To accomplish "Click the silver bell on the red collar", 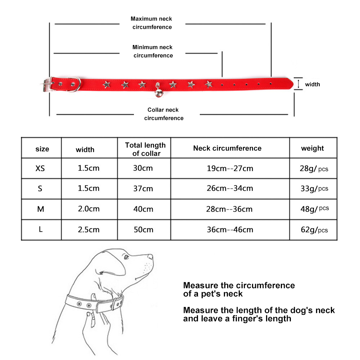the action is [x=159, y=93].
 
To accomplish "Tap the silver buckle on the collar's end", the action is [x=47, y=85].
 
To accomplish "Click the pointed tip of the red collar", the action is [x=293, y=84].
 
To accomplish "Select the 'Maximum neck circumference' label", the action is [x=152, y=23].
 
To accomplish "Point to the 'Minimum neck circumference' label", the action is [x=153, y=51].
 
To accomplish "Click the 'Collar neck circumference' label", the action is [x=164, y=114].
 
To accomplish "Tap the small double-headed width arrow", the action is [x=298, y=84].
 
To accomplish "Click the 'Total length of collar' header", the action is [x=145, y=149].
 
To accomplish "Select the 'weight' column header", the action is [x=312, y=149].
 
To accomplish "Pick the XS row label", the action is [x=40, y=168].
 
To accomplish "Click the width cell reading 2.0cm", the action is [x=89, y=209].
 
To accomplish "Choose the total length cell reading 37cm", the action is [x=143, y=189].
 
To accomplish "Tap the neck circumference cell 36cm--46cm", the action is [x=230, y=230].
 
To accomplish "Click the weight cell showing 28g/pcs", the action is [x=314, y=169].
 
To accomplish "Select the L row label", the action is [x=41, y=229].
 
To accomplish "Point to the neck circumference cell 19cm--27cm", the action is [x=230, y=168].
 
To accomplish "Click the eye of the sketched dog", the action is [x=126, y=257].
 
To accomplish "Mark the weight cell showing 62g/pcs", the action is [x=314, y=230].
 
